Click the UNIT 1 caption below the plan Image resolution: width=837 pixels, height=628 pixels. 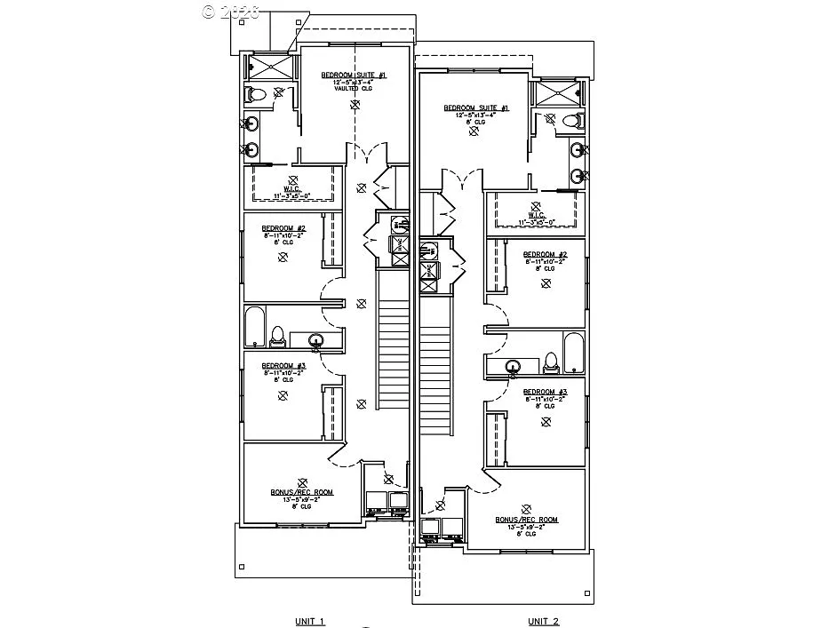[310, 621]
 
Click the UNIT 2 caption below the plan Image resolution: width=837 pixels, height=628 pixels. [544, 621]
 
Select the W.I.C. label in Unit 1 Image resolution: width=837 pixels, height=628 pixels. [293, 189]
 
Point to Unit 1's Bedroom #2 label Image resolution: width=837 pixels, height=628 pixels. [283, 228]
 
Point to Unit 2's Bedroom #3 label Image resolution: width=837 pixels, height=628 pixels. [545, 392]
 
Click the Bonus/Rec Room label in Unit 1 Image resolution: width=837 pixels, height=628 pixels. [302, 491]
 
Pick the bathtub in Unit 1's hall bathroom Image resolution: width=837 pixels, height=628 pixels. [253, 328]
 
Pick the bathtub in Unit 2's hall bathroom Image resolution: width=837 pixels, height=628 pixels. [573, 353]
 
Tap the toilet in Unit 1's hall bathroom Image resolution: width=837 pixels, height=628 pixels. [278, 336]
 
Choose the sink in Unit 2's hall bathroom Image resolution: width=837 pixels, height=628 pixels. [513, 365]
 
